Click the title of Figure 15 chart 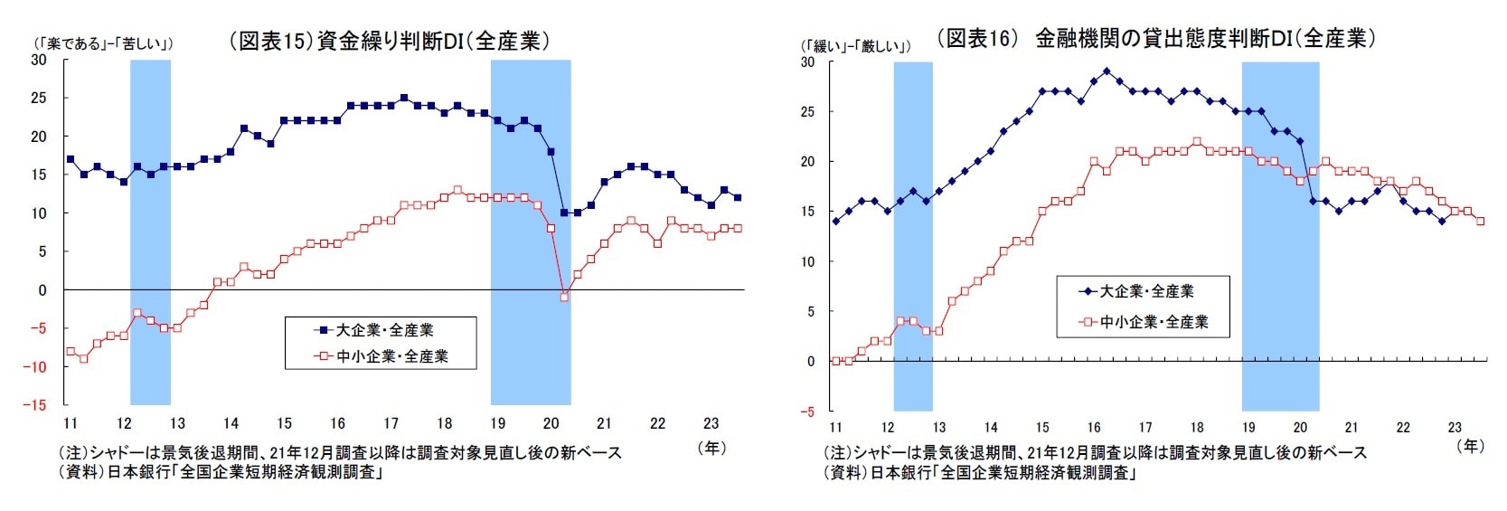point(390,41)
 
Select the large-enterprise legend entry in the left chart point(376,330)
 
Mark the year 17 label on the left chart point(391,423)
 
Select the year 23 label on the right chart point(1455,427)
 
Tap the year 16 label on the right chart point(1094,427)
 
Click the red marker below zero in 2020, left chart point(564,297)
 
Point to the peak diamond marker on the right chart point(1107,71)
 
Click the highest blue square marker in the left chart point(403,98)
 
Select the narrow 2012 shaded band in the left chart point(150,231)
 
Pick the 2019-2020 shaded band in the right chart point(1280,235)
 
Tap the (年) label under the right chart point(1471,445)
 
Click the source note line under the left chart point(219,472)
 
